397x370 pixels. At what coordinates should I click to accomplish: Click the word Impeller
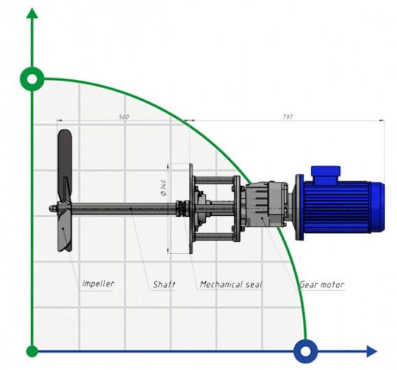pyautogui.click(x=98, y=283)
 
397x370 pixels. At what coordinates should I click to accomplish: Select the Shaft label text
pyautogui.click(x=164, y=284)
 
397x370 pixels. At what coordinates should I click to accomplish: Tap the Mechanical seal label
pyautogui.click(x=231, y=284)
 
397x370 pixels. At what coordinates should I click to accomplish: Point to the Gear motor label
pyautogui.click(x=321, y=284)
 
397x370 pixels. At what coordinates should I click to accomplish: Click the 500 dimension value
pyautogui.click(x=124, y=116)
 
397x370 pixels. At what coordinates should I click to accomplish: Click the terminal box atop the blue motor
pyautogui.click(x=324, y=172)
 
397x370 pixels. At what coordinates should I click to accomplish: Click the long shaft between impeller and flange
pyautogui.click(x=126, y=210)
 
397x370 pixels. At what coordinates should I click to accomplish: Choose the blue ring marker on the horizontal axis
pyautogui.click(x=305, y=351)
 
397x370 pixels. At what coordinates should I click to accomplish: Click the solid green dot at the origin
pyautogui.click(x=32, y=351)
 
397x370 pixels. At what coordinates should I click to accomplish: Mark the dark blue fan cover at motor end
pyautogui.click(x=377, y=208)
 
